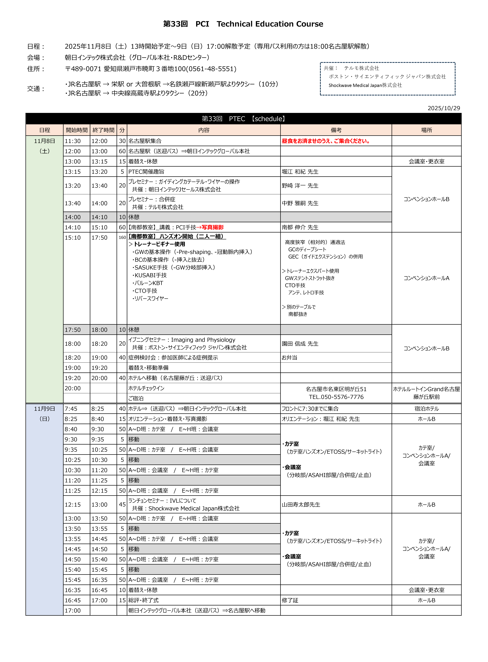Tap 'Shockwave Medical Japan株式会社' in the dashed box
click(x=365, y=85)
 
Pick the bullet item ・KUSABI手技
click(x=149, y=275)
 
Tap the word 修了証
click(x=290, y=600)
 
